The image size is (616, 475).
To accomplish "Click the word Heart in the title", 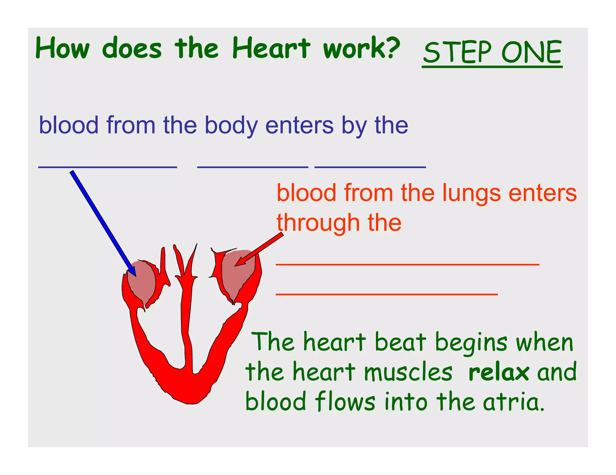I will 271,48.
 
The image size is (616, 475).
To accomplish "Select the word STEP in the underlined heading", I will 457,52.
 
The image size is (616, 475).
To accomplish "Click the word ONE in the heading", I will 531,52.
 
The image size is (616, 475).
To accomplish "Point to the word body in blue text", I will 231,126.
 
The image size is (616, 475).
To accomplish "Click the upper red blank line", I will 408,264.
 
